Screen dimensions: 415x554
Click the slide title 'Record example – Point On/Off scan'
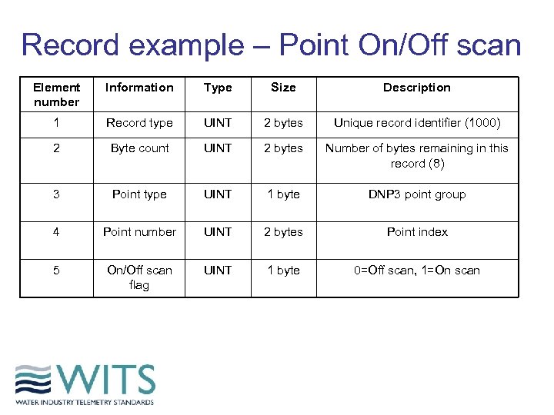coord(271,45)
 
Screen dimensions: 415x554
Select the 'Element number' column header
coord(56,95)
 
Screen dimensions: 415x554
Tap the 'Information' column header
coord(139,88)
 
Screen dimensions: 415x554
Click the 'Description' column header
coord(417,88)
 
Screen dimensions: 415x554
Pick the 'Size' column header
coord(283,88)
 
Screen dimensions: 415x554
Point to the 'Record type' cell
coord(139,123)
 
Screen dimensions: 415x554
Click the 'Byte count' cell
coord(139,148)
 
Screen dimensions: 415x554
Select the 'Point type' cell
coord(139,194)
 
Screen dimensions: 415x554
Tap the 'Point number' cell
coord(139,232)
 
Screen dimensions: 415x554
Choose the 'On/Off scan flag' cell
coord(139,277)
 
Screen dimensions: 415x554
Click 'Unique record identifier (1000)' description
coord(417,123)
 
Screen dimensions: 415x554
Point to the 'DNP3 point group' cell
coord(417,194)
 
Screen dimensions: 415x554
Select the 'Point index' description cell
coord(417,232)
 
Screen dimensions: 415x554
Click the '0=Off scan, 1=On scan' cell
coord(417,271)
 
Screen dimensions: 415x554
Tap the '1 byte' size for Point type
coord(283,194)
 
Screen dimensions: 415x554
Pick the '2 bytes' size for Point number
coord(283,232)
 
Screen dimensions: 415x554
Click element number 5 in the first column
coord(56,271)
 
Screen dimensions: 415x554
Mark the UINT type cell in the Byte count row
coord(218,148)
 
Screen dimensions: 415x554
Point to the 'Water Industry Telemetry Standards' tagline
coord(85,402)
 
